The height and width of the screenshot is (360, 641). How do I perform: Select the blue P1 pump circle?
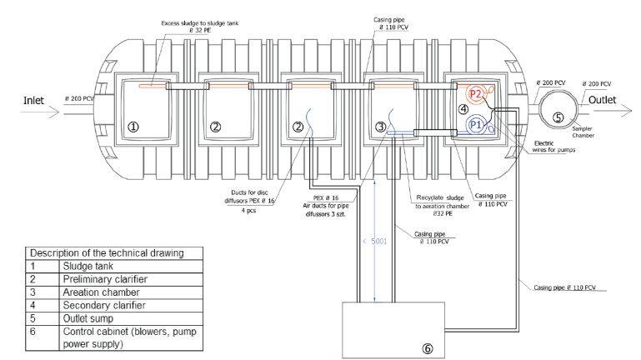pos(476,124)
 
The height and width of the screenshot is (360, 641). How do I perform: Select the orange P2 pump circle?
pos(476,94)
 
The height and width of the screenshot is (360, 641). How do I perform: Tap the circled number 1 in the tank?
pos(133,126)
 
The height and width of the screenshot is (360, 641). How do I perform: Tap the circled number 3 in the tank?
pos(380,127)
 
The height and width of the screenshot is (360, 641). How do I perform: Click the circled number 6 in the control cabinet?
pos(428,348)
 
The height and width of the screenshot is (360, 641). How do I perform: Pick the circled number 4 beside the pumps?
pos(461,109)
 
